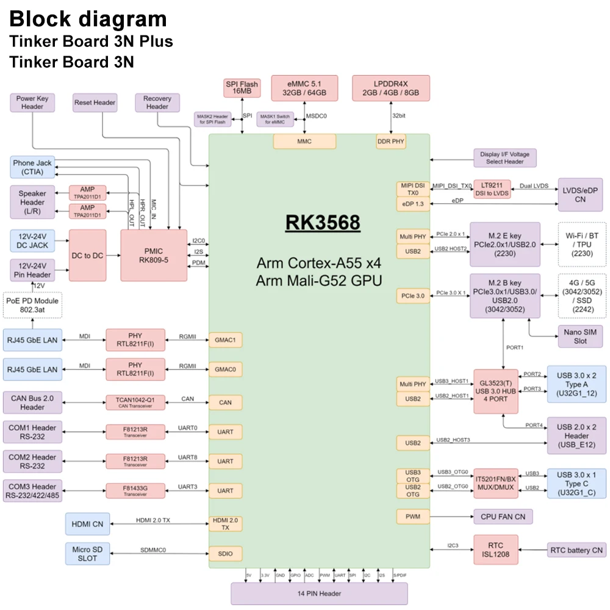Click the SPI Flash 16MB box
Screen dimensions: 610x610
[242, 88]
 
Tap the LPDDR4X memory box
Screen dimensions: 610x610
[391, 88]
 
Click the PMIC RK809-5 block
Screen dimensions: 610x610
[154, 256]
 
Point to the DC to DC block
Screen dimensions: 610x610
[87, 256]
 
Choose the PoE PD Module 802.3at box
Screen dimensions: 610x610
[32, 305]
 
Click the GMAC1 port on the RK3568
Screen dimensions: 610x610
[225, 340]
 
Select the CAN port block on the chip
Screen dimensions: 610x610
[225, 403]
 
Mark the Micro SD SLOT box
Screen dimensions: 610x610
[88, 554]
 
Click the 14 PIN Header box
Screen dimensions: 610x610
[318, 594]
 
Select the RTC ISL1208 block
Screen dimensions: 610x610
[495, 550]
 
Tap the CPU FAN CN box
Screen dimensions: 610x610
[503, 517]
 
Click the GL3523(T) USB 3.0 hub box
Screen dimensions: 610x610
[495, 390]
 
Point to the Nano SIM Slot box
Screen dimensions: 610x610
[580, 337]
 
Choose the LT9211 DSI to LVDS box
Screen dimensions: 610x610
[492, 188]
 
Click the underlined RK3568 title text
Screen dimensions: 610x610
[323, 223]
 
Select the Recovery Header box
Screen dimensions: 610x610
[157, 102]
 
